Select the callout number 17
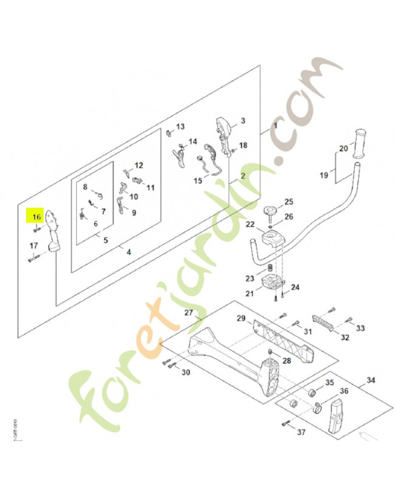34,245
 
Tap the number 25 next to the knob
288,202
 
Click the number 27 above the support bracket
188,313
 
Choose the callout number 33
360,328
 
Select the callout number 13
180,126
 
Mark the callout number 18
244,145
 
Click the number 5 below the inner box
106,241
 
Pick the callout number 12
138,165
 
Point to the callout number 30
186,372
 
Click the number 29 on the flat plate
241,318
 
